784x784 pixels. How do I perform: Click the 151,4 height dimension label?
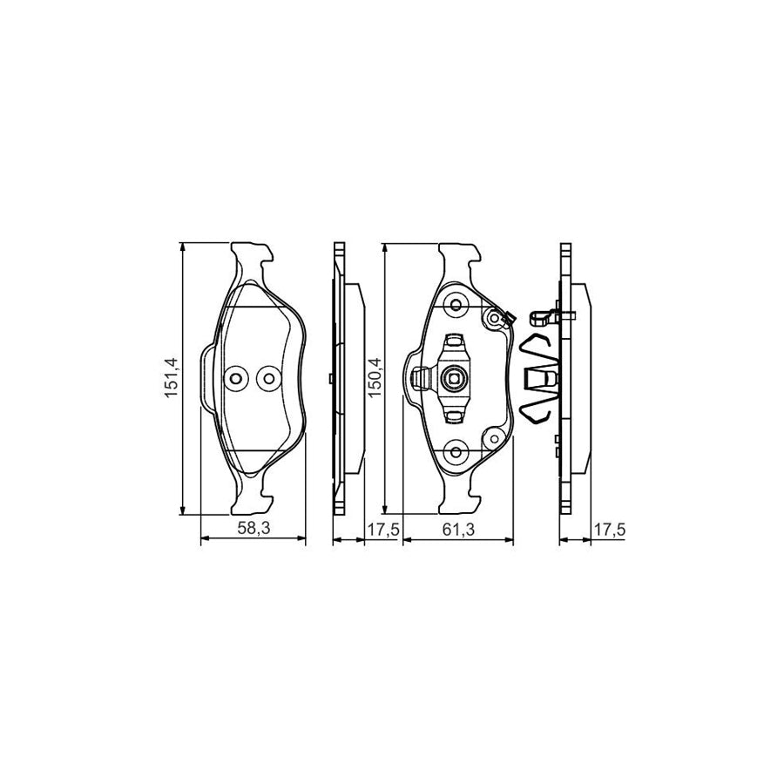[172, 378]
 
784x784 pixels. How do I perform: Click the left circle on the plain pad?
[235, 377]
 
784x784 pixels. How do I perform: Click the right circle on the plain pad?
[267, 377]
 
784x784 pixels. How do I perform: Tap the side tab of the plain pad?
[207, 377]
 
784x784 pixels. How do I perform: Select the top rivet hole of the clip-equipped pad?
[455, 306]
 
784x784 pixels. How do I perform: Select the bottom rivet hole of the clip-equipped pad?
[455, 449]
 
